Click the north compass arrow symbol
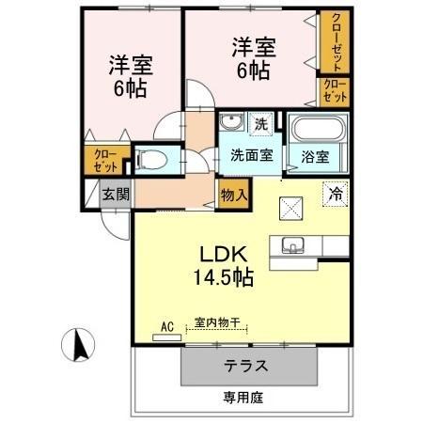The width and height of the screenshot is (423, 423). [x=78, y=345]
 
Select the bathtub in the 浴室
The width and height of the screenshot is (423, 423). [x=318, y=129]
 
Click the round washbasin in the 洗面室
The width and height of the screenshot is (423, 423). [x=231, y=121]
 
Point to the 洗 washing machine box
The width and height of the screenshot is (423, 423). [x=261, y=124]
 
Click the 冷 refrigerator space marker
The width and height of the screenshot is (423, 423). [x=336, y=195]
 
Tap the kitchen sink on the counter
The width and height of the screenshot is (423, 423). [x=293, y=245]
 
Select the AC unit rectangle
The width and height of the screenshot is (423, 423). [x=166, y=337]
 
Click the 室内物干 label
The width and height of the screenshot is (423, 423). [x=217, y=322]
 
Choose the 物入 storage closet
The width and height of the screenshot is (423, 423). [x=234, y=195]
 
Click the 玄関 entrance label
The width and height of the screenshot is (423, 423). [x=116, y=195]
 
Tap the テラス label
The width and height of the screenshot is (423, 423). [x=246, y=366]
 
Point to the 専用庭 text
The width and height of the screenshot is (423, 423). [x=243, y=398]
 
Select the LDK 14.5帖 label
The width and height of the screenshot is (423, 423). [x=224, y=266]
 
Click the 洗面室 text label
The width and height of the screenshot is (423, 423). [x=252, y=155]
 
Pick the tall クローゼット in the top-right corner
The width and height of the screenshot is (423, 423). [x=335, y=41]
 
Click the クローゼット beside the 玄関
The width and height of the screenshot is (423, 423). [x=105, y=160]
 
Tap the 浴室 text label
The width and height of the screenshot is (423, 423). [x=315, y=157]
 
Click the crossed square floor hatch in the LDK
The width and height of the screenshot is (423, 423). [x=291, y=209]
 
